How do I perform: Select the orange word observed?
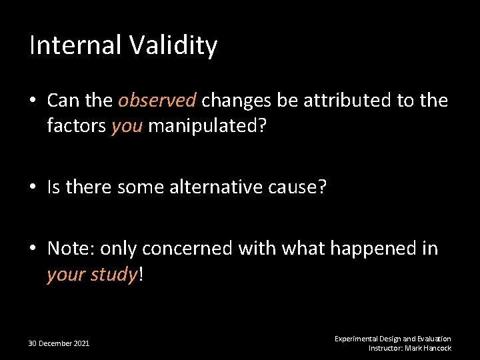tap(157, 101)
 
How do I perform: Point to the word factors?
tap(76, 125)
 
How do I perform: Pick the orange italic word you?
tap(127, 126)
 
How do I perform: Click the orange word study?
tap(113, 274)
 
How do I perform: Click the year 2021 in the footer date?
tap(81, 343)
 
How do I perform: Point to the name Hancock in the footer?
tap(437, 348)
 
